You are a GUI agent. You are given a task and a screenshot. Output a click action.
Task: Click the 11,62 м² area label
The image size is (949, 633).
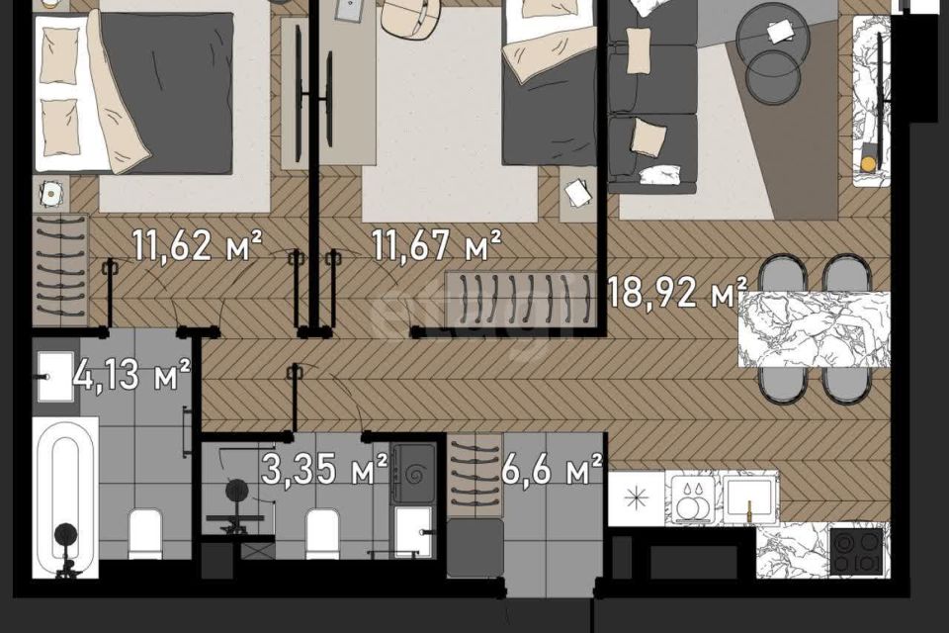[198, 244]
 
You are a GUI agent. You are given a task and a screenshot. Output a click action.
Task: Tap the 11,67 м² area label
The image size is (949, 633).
[436, 244]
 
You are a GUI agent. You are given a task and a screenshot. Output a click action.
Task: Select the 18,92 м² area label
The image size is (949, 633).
[676, 292]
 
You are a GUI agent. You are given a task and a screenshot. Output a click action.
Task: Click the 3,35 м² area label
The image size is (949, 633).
[324, 469]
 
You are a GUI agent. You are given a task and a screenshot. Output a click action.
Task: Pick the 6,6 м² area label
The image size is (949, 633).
[552, 469]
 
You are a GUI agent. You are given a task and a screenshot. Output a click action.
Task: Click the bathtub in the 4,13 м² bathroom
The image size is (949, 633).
[65, 497]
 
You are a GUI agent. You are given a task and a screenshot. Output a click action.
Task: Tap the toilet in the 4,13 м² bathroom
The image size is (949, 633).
[146, 534]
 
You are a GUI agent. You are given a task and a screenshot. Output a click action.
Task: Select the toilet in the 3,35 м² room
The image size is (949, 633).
[321, 533]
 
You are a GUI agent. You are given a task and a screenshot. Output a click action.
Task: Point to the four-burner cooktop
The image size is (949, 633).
[857, 553]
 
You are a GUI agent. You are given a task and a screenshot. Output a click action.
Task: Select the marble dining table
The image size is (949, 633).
[814, 329]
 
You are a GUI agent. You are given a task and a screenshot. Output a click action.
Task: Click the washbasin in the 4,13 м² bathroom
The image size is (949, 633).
[55, 376]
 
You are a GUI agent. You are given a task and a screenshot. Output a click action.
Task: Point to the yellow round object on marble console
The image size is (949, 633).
[868, 164]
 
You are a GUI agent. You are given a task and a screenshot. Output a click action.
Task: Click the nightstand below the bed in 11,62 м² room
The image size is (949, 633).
[50, 194]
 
